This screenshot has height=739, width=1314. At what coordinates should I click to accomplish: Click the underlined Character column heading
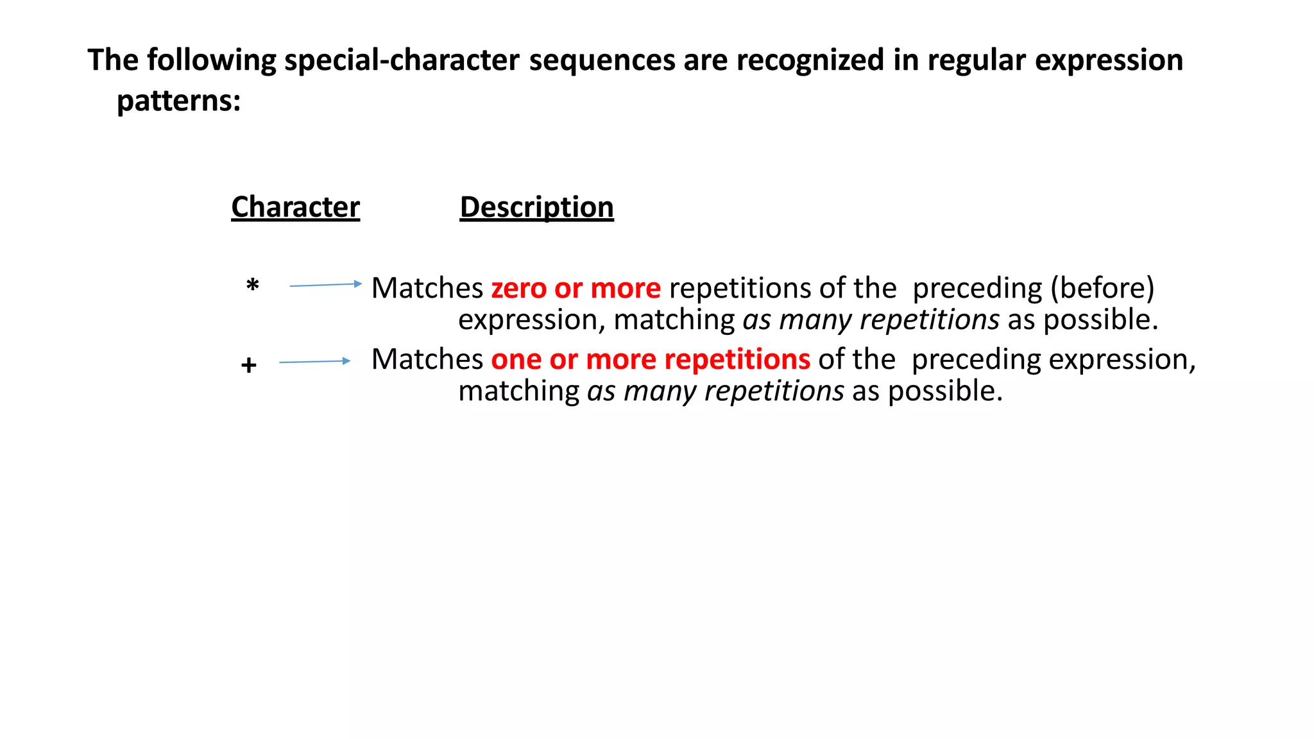point(295,207)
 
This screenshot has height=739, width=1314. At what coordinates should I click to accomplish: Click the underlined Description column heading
point(536,207)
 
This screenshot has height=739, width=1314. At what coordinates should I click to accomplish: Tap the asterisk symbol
point(253,285)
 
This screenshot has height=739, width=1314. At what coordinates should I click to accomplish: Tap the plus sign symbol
point(249,366)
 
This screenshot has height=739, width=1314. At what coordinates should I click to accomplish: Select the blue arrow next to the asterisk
point(325,285)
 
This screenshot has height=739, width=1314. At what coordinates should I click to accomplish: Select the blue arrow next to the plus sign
point(314,362)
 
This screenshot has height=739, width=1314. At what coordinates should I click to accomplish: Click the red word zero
point(518,289)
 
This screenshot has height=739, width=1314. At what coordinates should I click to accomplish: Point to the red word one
point(516,360)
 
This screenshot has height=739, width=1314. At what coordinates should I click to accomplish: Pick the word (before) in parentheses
point(1102,289)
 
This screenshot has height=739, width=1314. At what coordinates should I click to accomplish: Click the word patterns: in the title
point(178,101)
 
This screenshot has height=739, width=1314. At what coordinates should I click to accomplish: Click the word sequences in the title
point(602,60)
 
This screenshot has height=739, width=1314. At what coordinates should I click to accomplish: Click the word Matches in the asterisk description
point(427,289)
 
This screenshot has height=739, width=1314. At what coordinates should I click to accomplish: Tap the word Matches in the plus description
point(427,360)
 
